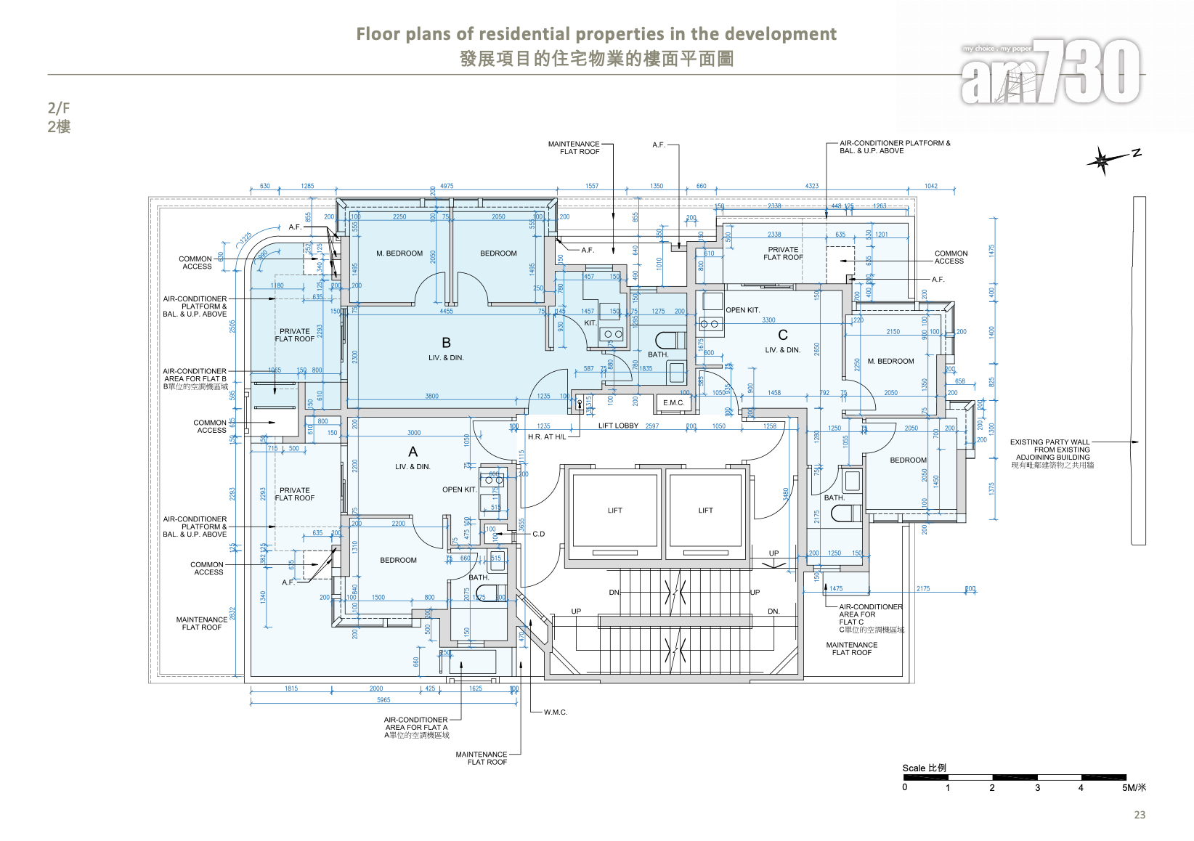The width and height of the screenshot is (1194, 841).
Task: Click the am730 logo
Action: [x=1050, y=71]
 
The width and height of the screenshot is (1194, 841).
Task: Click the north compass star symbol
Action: [x=1102, y=161]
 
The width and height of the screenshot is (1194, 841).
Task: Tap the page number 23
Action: [x=1140, y=815]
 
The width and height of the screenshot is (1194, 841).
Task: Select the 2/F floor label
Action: [x=59, y=108]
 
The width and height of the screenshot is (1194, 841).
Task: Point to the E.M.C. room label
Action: [x=673, y=403]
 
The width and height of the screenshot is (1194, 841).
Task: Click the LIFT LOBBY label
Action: [x=618, y=426]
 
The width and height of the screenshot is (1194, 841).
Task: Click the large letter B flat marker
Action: [x=446, y=343]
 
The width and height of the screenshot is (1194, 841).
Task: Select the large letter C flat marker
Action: [x=782, y=335]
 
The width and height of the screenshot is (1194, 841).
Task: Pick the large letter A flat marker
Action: [x=413, y=452]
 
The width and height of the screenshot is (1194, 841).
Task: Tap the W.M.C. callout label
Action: [x=555, y=712]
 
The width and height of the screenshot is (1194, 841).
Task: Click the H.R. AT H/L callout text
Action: [x=546, y=437]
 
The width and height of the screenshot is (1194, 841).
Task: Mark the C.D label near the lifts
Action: [x=538, y=535]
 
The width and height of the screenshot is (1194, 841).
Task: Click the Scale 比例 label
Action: [x=924, y=768]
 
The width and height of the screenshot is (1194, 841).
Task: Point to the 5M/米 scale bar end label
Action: [x=1133, y=788]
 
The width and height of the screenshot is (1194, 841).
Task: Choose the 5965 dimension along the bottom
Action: [x=383, y=700]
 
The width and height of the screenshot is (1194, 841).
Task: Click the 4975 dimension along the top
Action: [x=447, y=186]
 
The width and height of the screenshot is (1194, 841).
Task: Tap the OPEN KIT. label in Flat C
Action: [x=742, y=310]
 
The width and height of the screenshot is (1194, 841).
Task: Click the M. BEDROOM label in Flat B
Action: [x=399, y=253]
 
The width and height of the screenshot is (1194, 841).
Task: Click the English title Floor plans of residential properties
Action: [x=596, y=34]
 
